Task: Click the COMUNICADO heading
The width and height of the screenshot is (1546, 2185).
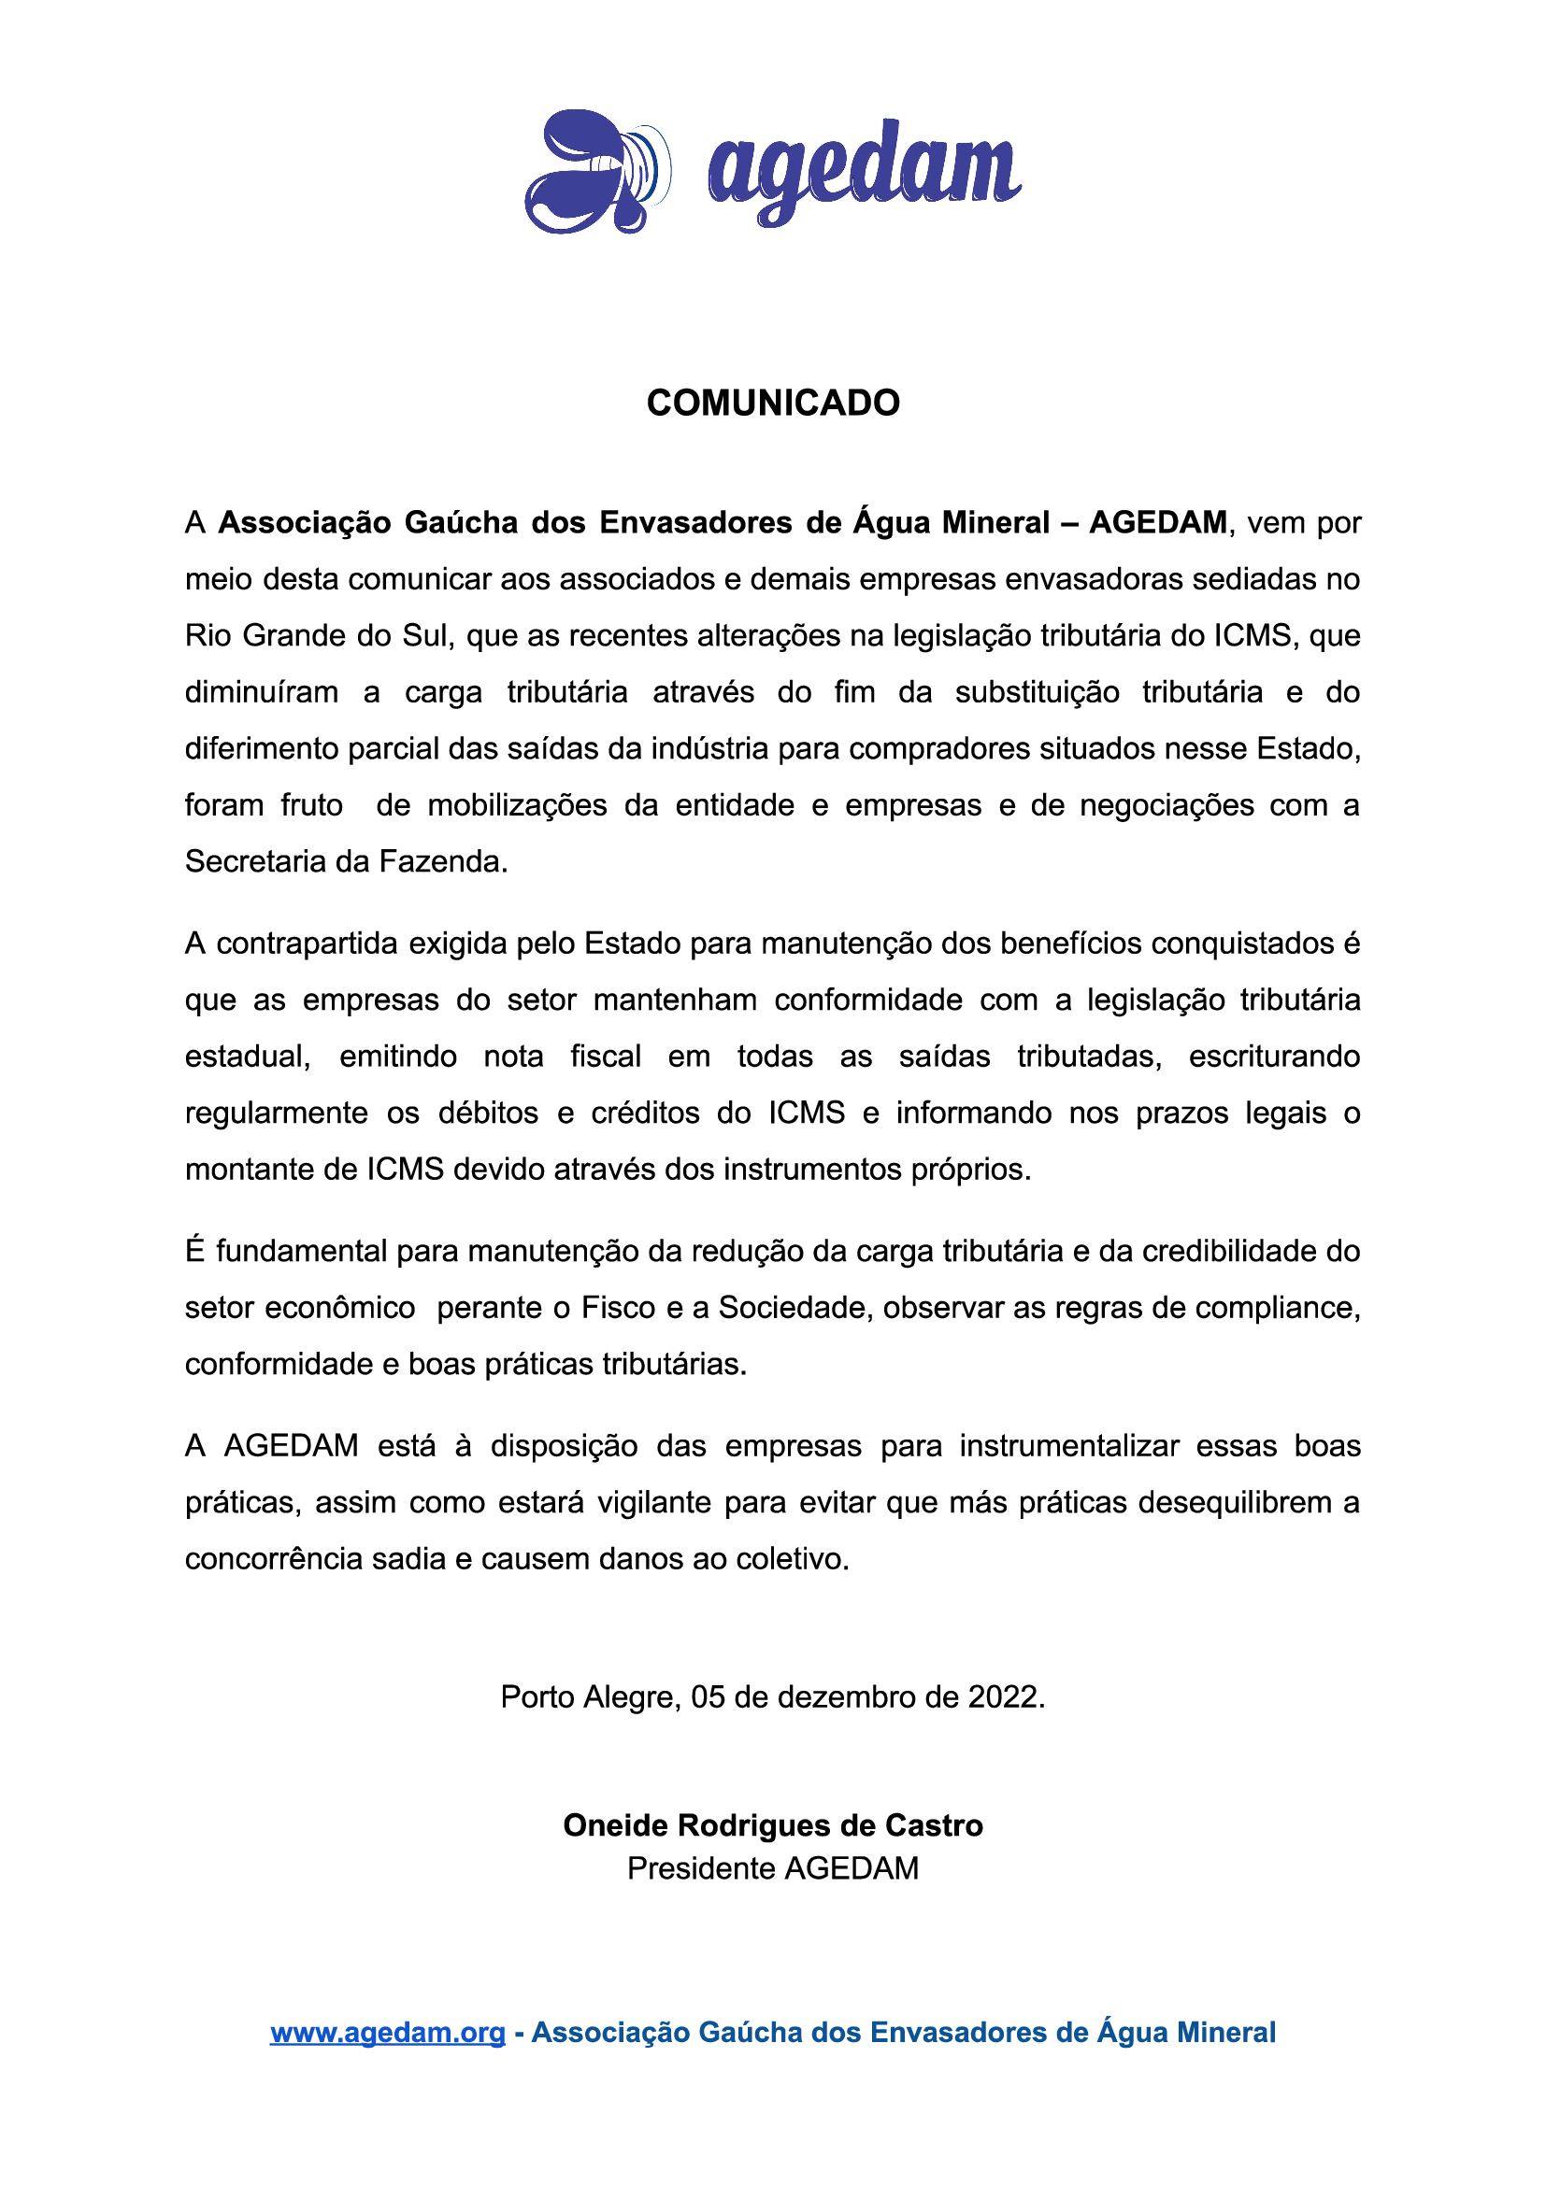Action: point(772,403)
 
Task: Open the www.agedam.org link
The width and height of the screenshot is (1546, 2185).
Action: point(388,2032)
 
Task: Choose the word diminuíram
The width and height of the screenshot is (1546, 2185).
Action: point(262,692)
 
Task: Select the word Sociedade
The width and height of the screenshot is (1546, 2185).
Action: point(794,1308)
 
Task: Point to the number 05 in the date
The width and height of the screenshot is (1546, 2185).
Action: point(709,1696)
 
